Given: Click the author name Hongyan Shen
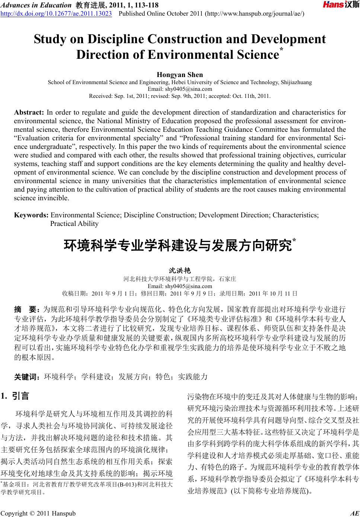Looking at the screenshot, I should point(180,75).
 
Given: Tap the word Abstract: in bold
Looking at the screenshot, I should point(29,112).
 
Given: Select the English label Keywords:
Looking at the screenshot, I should point(31,215).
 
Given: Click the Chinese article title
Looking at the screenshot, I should point(178,246).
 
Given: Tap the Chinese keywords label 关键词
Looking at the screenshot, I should point(27,377).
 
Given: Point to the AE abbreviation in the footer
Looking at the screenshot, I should point(354,513).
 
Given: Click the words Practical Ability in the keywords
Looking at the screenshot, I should point(74,224).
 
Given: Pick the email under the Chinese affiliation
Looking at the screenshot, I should point(180,286).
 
